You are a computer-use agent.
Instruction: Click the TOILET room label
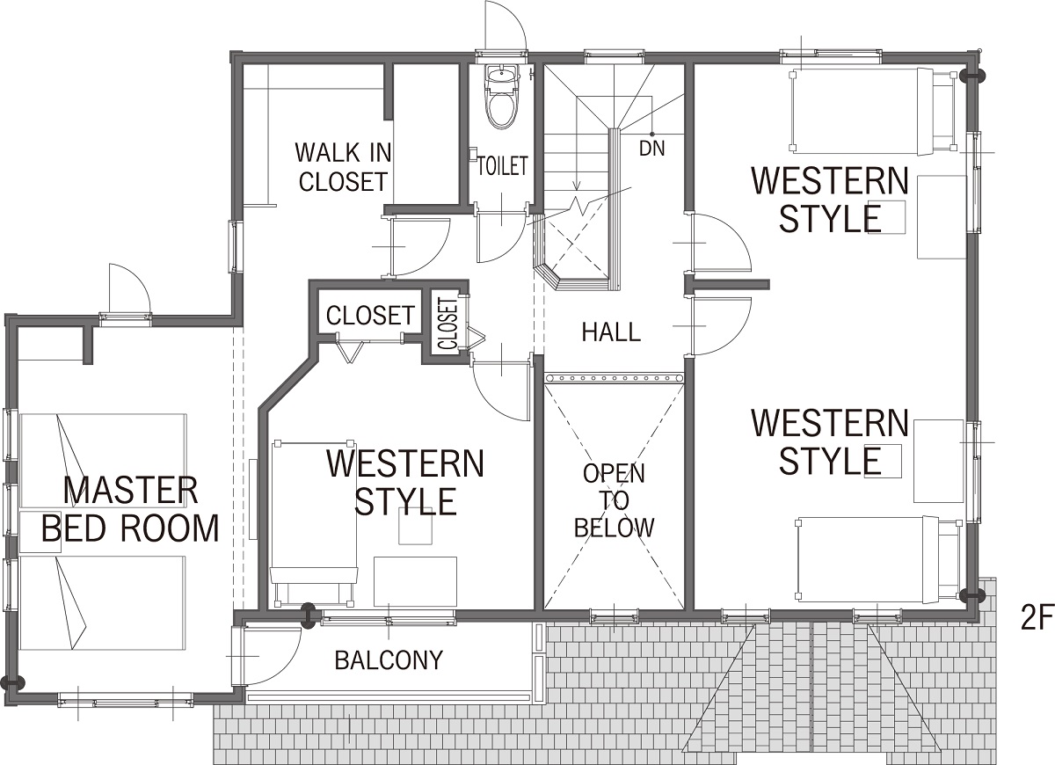tap(503, 166)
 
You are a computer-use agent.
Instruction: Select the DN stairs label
tap(652, 149)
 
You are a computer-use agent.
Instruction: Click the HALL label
tap(611, 332)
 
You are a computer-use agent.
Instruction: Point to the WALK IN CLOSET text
tap(344, 167)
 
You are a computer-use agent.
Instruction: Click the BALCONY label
tap(389, 660)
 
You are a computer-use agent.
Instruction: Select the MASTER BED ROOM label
tap(130, 510)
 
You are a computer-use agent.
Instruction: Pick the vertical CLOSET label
tap(447, 324)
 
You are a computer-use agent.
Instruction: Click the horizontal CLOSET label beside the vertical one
tap(370, 316)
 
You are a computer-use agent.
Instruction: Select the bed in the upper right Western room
tap(874, 111)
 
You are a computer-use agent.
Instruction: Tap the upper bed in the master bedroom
tap(103, 461)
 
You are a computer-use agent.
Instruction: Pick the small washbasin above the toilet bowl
tap(502, 75)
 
